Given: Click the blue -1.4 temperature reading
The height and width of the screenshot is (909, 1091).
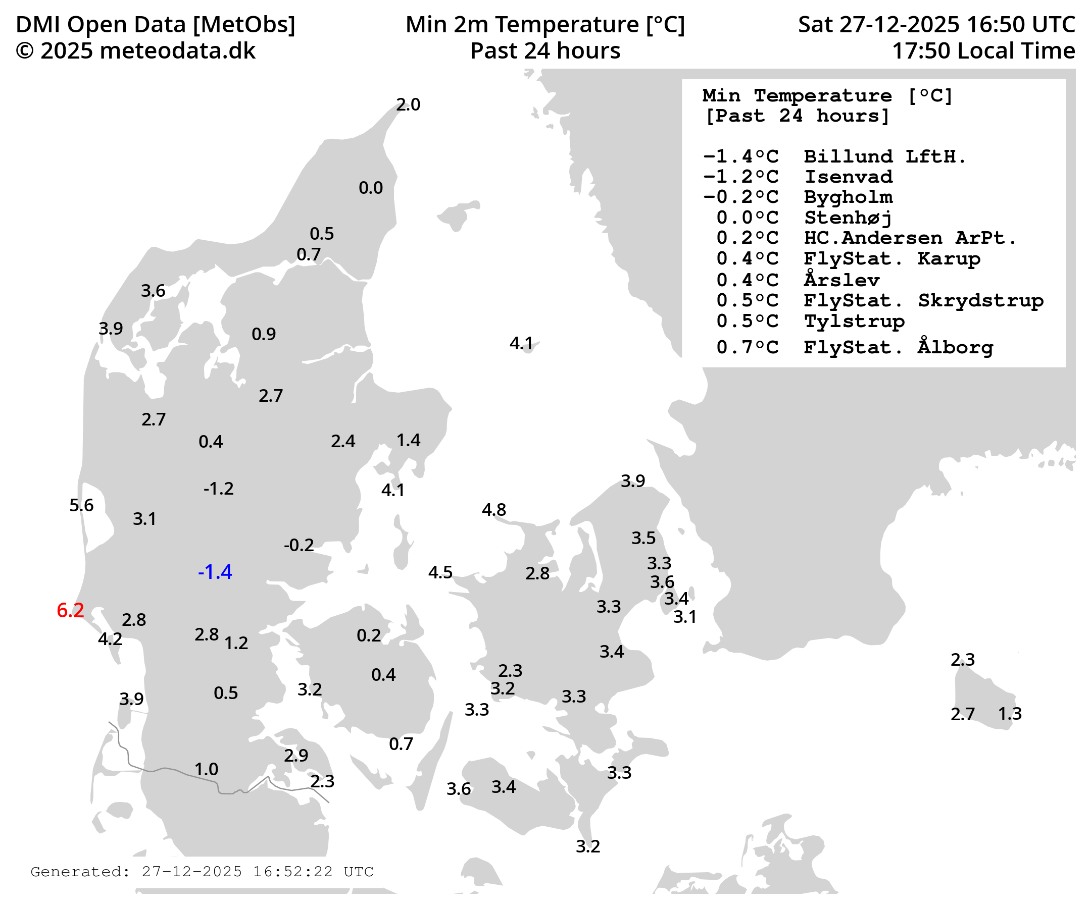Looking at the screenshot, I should coord(215,572).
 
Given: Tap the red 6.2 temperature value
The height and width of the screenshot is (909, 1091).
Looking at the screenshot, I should coord(70,611).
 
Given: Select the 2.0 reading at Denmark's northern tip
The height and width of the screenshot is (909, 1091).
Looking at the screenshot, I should coord(408,105).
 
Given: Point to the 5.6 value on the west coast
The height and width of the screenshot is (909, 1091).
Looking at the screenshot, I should coord(81,505).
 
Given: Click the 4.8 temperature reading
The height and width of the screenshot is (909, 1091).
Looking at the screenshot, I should coord(493,510).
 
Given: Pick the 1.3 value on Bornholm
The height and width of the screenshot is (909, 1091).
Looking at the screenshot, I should coord(1010,714).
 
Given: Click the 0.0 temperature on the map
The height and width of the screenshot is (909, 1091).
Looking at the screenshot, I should coord(370,188).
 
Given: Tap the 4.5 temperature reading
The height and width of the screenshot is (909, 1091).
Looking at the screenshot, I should coord(440,572).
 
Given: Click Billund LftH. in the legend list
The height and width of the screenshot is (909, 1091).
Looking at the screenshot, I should coord(884,156).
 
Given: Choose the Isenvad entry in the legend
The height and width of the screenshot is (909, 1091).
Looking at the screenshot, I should coord(849,177).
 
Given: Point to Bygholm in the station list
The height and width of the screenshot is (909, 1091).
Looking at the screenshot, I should coord(849,197).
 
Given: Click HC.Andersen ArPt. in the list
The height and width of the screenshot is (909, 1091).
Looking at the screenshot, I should coord(910,238).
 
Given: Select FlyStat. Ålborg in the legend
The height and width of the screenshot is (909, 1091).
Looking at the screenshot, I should coord(898,347).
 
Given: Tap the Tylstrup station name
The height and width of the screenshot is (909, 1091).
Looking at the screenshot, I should coord(854,321).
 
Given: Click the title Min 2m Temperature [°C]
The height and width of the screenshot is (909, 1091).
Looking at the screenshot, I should coord(545,24).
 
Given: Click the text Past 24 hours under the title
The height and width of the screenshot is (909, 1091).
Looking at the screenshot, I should coord(545,51).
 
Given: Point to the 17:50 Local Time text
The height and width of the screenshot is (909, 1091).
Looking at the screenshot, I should coord(983,51).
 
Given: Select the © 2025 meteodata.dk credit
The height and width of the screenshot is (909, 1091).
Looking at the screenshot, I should coord(135,51).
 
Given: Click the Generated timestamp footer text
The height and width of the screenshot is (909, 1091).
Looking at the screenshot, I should coord(202,872).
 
